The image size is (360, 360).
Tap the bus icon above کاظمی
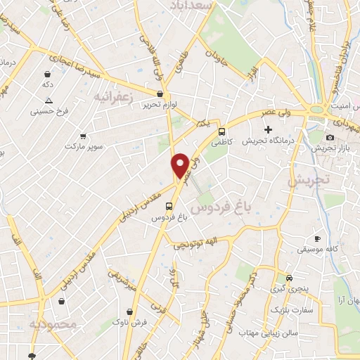[x=222, y=131]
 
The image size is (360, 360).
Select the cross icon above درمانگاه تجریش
[x=268, y=129]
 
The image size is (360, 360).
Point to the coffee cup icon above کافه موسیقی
[x=317, y=238]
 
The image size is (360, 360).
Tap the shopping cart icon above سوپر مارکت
[x=84, y=136]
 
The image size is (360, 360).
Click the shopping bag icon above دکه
[x=48, y=74]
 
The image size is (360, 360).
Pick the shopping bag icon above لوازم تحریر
[x=160, y=93]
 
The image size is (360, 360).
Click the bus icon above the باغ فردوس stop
[x=169, y=206]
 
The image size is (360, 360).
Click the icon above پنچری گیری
[x=289, y=276]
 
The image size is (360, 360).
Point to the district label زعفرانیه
[x=112, y=97]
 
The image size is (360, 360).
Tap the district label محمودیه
[x=52, y=324]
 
